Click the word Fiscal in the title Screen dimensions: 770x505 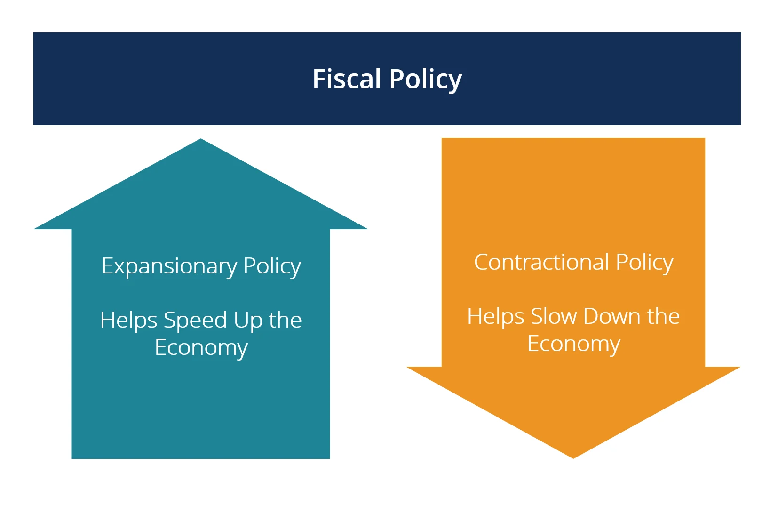click(x=347, y=79)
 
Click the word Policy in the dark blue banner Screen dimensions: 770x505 click(x=426, y=80)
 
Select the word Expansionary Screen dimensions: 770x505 click(x=169, y=266)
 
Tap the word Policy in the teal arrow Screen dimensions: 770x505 click(x=272, y=266)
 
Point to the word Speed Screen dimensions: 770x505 click(x=195, y=321)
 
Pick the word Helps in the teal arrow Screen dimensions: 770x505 click(x=128, y=321)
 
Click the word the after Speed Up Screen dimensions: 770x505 click(x=286, y=320)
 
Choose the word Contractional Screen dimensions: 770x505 click(x=541, y=262)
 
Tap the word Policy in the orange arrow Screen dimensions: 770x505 click(x=644, y=263)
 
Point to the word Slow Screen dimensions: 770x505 click(x=554, y=316)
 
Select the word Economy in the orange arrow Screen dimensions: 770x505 click(x=574, y=345)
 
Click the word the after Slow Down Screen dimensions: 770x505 click(x=663, y=316)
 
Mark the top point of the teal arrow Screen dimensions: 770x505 click(x=201, y=139)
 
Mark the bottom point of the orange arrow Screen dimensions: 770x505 click(x=573, y=458)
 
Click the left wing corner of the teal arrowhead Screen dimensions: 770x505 click(x=34, y=229)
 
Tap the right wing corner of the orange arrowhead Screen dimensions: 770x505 click(x=740, y=367)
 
